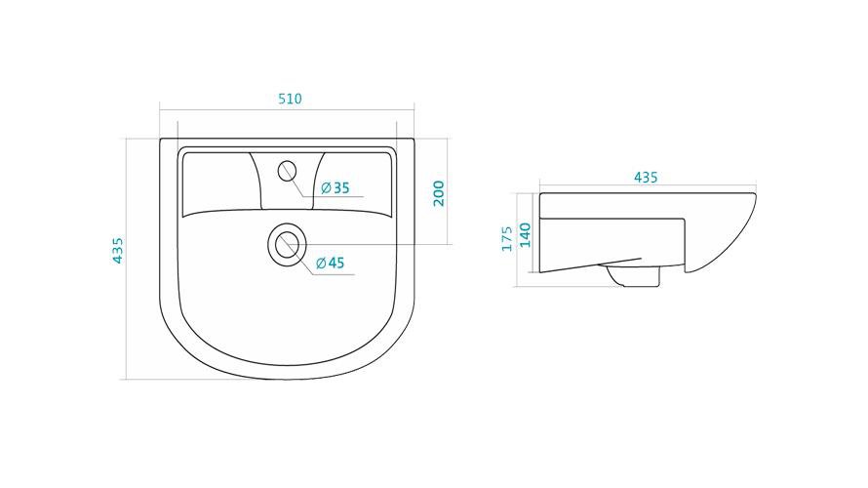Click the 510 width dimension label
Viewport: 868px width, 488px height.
click(290, 99)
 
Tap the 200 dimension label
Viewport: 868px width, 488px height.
click(439, 193)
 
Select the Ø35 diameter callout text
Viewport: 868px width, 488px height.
click(335, 188)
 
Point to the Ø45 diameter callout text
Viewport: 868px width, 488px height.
click(331, 263)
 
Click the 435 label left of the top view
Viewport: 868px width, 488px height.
click(117, 251)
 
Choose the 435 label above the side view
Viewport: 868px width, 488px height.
click(646, 178)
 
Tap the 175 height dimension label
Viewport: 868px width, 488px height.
click(507, 238)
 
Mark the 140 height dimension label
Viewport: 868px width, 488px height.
click(525, 235)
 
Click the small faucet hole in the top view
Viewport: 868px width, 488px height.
click(288, 171)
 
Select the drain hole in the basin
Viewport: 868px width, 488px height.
click(286, 244)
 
